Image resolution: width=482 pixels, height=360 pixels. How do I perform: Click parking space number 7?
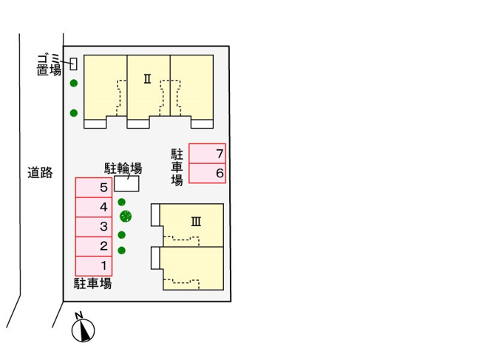pyautogui.click(x=207, y=153)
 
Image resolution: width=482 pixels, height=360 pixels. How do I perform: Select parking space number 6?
pyautogui.click(x=207, y=173)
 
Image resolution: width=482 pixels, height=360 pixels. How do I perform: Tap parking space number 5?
pyautogui.click(x=94, y=188)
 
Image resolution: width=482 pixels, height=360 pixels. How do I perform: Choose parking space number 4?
pyautogui.click(x=94, y=207)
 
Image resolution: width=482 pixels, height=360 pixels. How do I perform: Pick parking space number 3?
pyautogui.click(x=94, y=227)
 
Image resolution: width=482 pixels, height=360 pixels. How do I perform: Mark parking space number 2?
pyautogui.click(x=94, y=247)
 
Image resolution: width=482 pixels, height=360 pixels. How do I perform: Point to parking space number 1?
pyautogui.click(x=94, y=266)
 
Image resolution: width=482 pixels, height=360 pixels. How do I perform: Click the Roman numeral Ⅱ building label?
pyautogui.click(x=148, y=79)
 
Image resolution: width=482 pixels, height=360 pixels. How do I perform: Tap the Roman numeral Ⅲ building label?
pyautogui.click(x=196, y=221)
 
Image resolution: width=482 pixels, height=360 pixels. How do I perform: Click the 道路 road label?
pyautogui.click(x=40, y=172)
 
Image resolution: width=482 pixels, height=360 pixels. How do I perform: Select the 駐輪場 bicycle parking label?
pyautogui.click(x=123, y=168)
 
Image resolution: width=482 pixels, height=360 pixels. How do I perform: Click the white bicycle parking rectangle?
pyautogui.click(x=126, y=183)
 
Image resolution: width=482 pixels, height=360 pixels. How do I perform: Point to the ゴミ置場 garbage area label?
pyautogui.click(x=49, y=64)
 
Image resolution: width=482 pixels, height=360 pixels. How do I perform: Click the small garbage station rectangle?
pyautogui.click(x=73, y=64)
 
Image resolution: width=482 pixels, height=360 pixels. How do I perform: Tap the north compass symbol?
pyautogui.click(x=83, y=328)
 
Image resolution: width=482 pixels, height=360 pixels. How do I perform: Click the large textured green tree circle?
pyautogui.click(x=126, y=217)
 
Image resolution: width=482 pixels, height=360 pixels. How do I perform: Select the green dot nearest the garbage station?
pyautogui.click(x=74, y=83)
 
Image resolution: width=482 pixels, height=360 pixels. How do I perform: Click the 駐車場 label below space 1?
pyautogui.click(x=92, y=283)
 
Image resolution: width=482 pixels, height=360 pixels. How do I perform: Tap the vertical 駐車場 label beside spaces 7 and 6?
pyautogui.click(x=177, y=167)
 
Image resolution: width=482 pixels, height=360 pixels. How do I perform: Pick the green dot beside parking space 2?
pyautogui.click(x=122, y=251)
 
